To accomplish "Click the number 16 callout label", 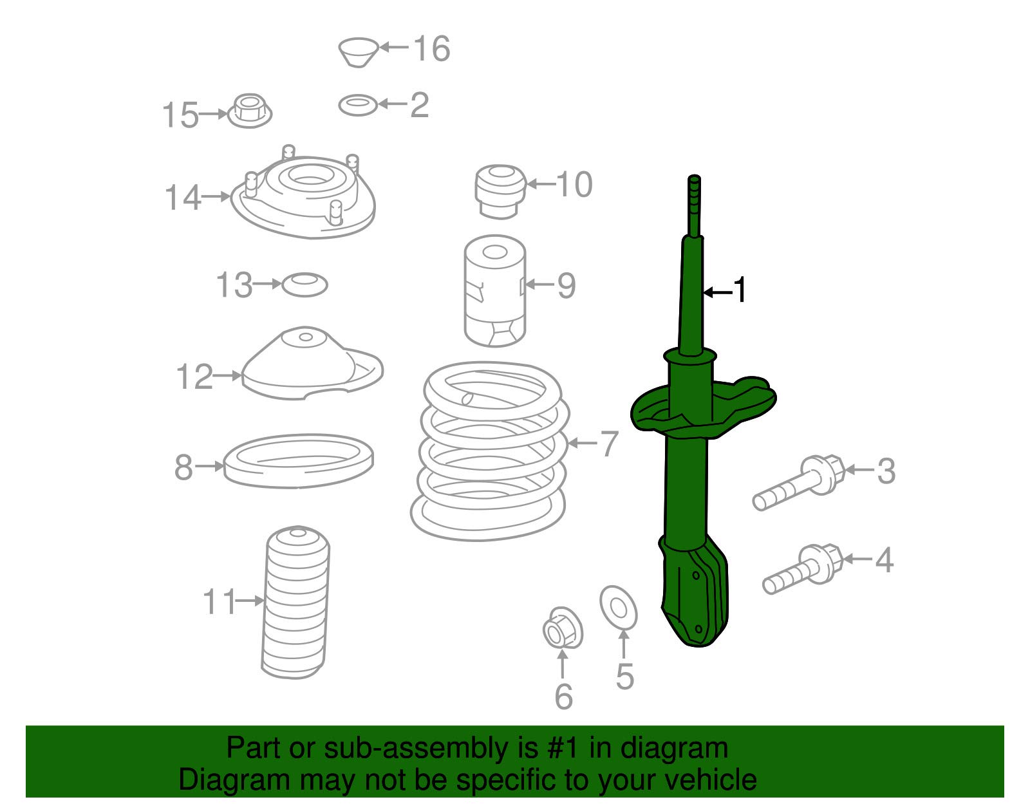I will click(x=431, y=48).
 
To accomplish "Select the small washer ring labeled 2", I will click(x=358, y=105).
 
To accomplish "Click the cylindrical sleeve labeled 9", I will click(x=494, y=291).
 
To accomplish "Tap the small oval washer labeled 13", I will click(x=305, y=284).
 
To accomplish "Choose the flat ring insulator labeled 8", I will click(x=298, y=461).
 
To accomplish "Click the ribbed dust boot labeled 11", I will click(x=296, y=603).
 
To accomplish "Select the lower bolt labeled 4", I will click(x=803, y=570).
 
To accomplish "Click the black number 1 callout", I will click(x=740, y=290).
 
